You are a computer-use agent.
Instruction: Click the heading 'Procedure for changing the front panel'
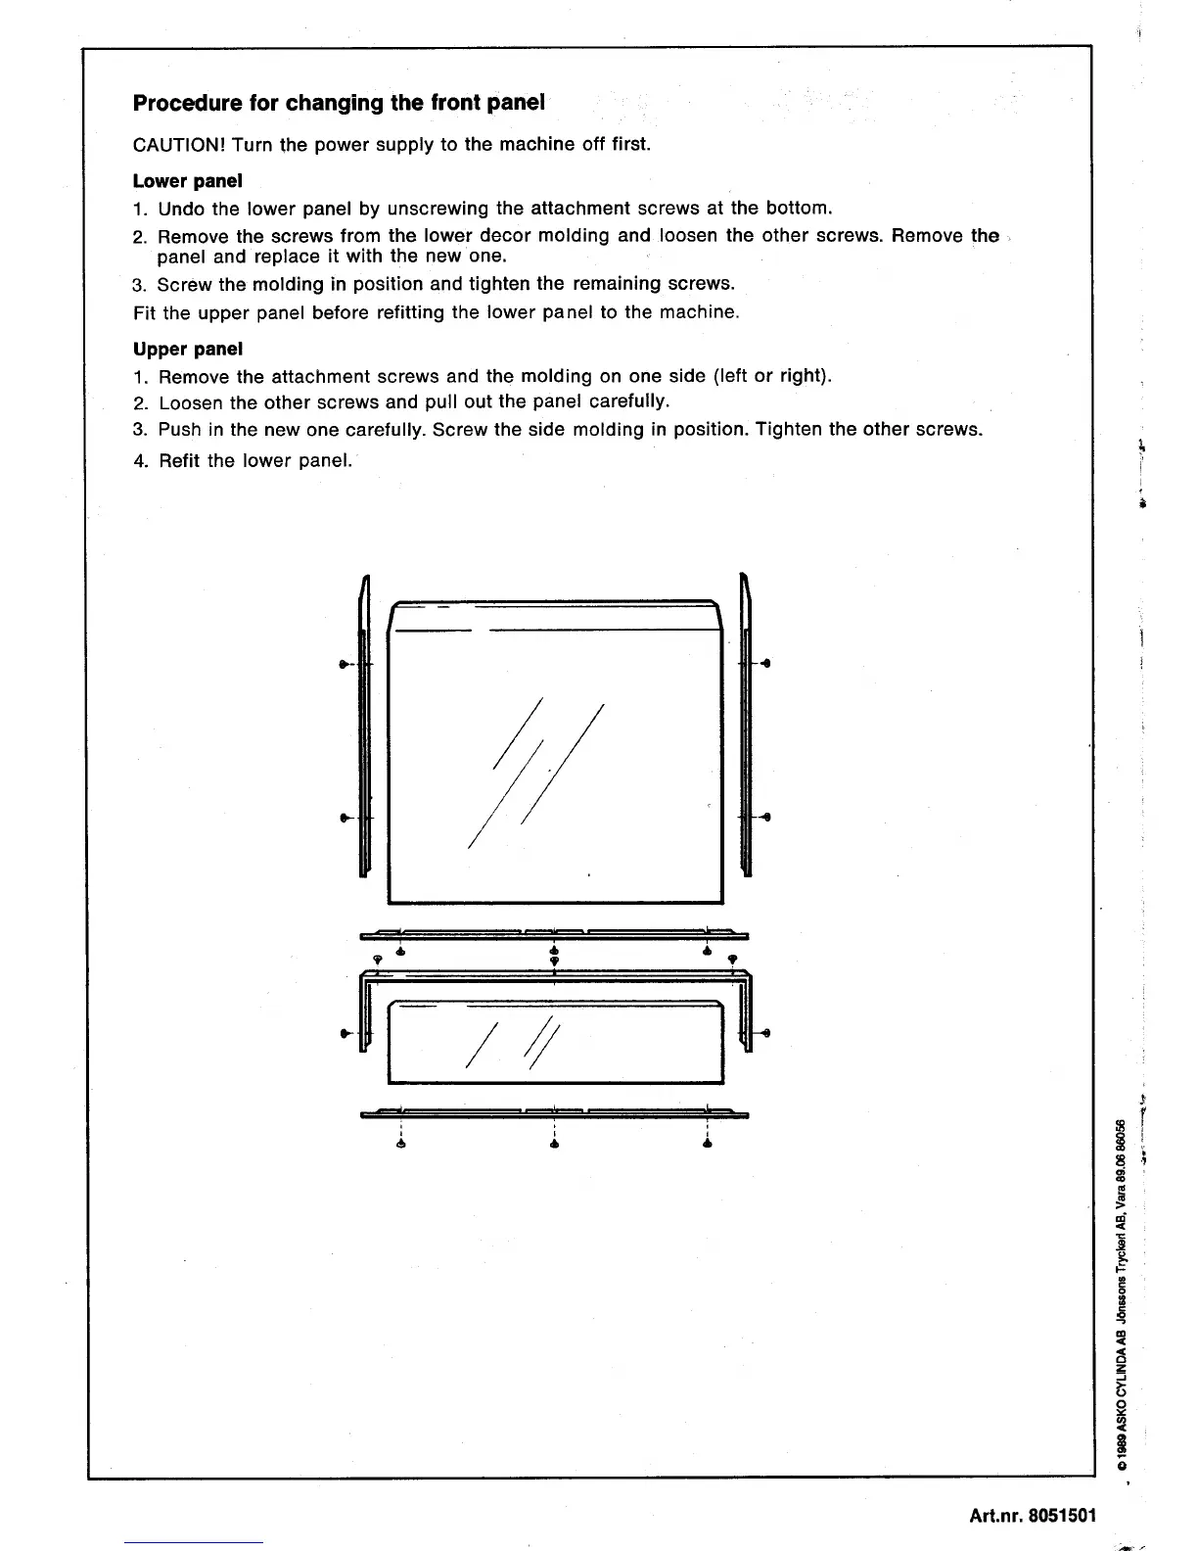(x=338, y=103)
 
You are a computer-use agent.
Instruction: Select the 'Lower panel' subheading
(x=187, y=181)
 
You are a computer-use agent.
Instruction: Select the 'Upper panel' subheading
(x=187, y=349)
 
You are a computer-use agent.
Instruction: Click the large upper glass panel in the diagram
(x=555, y=764)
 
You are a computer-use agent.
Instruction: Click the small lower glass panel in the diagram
(x=555, y=1042)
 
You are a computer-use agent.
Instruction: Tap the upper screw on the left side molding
(x=344, y=664)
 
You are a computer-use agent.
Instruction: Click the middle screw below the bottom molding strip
(x=554, y=1144)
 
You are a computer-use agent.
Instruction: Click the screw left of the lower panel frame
(x=344, y=1033)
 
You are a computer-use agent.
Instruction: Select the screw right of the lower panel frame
(x=767, y=1033)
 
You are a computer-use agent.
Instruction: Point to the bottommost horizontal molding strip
(x=554, y=1112)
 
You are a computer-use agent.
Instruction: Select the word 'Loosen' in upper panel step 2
(x=191, y=402)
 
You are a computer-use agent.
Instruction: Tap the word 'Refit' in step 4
(x=179, y=460)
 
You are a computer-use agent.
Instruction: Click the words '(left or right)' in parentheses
(x=772, y=376)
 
